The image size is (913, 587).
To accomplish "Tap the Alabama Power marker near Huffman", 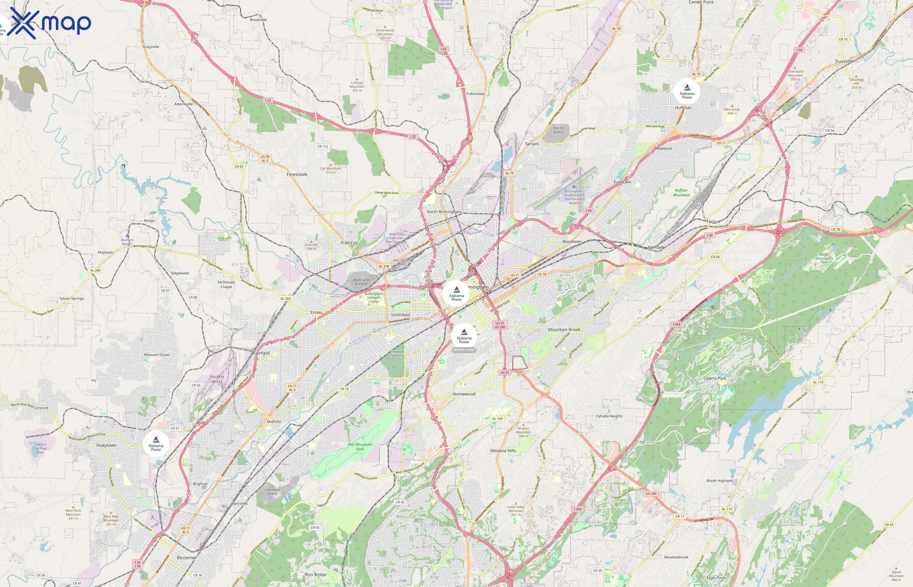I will click(687, 92).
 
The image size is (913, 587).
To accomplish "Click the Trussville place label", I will click(844, 61).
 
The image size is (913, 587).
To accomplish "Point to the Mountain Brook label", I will click(564, 330).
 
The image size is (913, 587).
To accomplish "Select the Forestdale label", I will click(297, 174).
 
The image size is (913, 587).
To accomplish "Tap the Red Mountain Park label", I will click(360, 447).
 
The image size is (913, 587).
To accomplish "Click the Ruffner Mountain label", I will click(681, 192).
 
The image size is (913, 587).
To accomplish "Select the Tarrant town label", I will click(531, 144).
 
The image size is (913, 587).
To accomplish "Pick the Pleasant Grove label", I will click(157, 355).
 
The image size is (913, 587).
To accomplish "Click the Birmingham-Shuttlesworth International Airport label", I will click(574, 197).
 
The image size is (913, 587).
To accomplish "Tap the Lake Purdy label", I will click(755, 410).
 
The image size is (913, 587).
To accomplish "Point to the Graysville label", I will click(151, 47).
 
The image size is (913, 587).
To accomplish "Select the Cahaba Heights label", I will click(609, 416).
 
